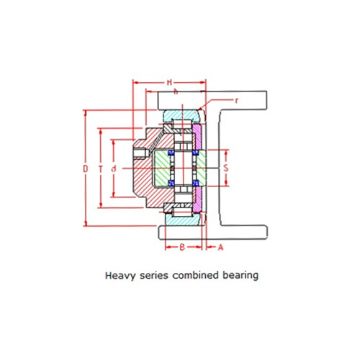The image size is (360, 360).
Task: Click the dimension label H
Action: point(169,83)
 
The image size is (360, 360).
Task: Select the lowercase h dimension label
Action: point(176,91)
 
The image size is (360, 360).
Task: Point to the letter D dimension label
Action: point(86,169)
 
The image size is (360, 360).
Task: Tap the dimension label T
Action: point(101,169)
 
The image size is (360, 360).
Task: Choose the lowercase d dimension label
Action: point(114,169)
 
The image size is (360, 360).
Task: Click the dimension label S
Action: point(226,168)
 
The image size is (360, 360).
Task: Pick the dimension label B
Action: point(182,247)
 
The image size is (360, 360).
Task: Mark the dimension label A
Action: point(220,247)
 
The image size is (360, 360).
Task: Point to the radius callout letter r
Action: point(237,101)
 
